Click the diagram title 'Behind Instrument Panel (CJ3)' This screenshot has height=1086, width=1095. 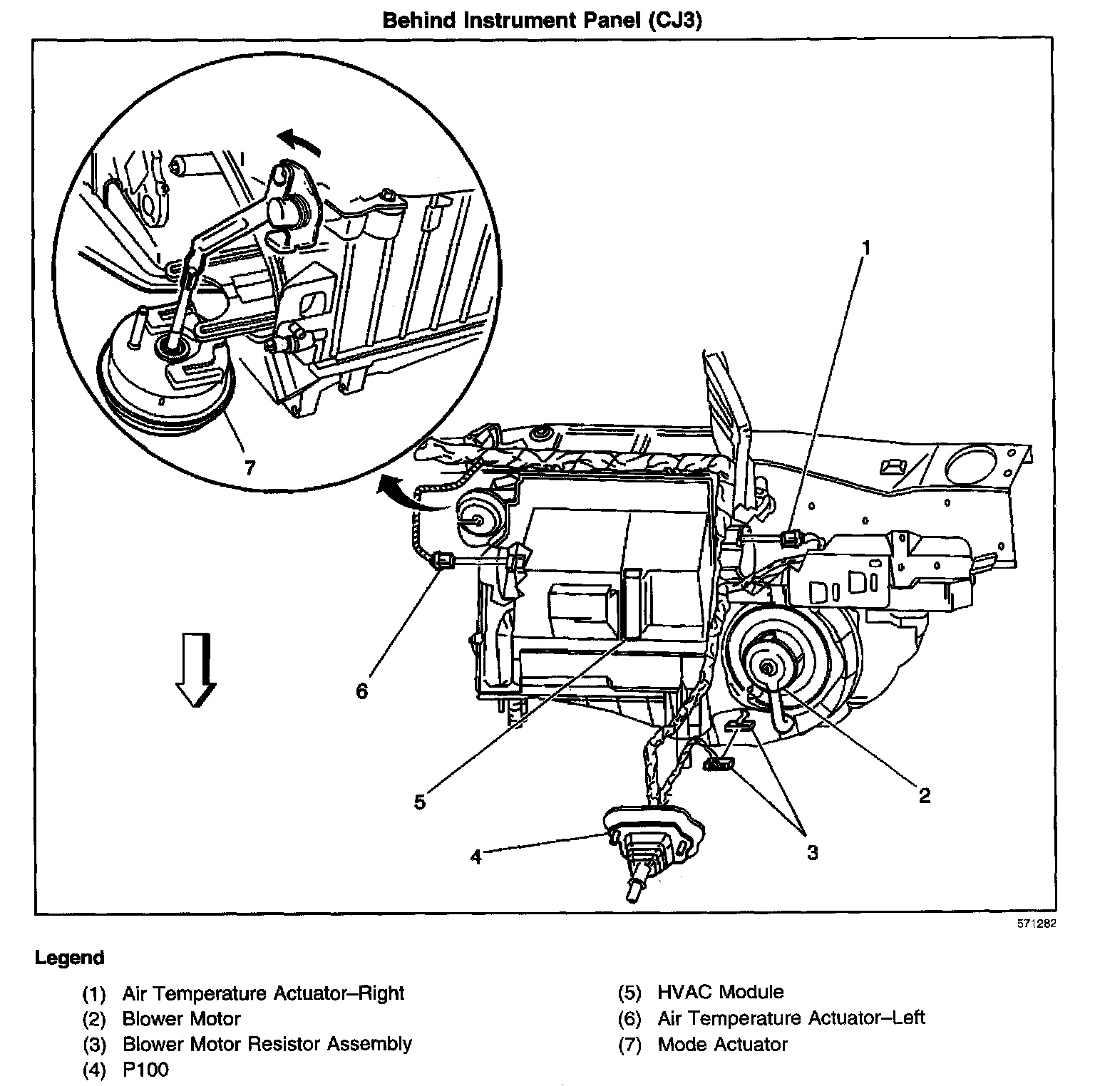coord(543,20)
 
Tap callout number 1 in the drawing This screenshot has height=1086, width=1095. coord(866,248)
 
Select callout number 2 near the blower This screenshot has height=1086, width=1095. coord(924,795)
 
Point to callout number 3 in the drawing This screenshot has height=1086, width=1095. coord(812,852)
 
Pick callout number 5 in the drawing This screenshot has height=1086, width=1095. coord(420,802)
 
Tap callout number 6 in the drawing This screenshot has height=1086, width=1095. coord(362,691)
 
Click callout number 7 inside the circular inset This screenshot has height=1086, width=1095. coord(249,467)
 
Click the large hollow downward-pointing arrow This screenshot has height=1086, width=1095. coord(195,669)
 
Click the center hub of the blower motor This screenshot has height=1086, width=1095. coord(767,667)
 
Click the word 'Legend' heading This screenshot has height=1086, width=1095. coord(69,958)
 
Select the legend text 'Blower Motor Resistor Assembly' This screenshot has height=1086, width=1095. coord(267,1044)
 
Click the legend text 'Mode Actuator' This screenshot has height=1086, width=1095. coord(722,1045)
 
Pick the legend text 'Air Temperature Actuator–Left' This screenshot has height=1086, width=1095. coord(791,1018)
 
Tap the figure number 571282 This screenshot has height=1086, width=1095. coord(1036,924)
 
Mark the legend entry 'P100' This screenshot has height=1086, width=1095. coord(145,1070)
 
